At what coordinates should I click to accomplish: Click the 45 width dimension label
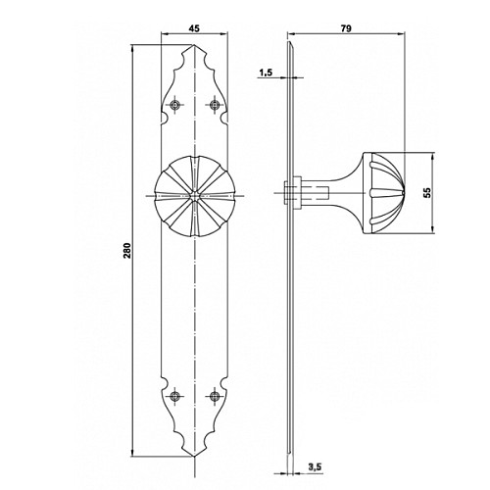194,28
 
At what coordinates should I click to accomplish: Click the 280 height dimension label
126,251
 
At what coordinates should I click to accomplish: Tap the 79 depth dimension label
346,28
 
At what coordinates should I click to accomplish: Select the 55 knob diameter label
427,193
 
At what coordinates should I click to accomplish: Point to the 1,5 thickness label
266,73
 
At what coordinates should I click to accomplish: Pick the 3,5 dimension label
315,467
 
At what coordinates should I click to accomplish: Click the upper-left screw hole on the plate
175,105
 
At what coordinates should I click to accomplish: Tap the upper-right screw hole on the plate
215,105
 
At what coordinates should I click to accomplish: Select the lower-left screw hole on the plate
175,396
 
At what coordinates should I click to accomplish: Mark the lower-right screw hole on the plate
215,396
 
